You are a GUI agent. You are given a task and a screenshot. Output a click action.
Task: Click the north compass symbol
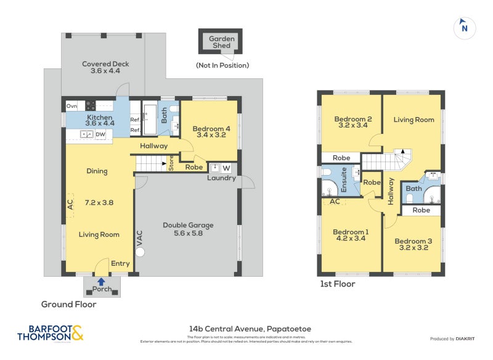(464, 27)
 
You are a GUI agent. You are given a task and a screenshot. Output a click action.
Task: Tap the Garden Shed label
(221, 42)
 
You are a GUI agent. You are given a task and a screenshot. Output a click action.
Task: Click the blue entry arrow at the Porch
(101, 281)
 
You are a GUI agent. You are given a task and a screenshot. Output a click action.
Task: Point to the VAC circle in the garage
(140, 252)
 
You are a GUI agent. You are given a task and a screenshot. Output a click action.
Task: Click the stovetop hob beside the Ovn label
(91, 105)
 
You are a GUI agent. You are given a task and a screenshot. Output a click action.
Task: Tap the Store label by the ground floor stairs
(171, 164)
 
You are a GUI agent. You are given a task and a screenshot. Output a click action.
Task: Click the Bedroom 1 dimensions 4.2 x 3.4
(349, 238)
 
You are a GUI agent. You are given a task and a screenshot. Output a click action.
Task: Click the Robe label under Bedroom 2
(341, 158)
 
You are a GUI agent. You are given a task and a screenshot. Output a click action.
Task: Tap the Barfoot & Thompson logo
(49, 333)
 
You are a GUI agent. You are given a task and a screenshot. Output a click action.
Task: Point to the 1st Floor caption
(337, 284)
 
